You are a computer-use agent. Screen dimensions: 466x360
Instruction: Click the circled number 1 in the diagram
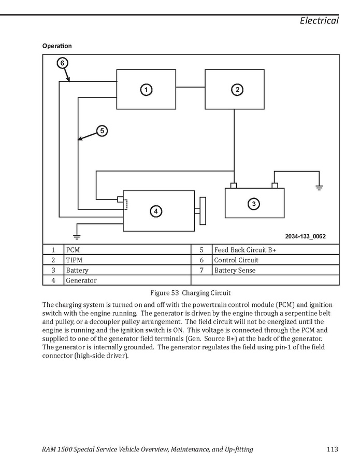[x=147, y=90]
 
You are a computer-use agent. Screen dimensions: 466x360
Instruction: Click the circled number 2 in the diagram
[x=237, y=90]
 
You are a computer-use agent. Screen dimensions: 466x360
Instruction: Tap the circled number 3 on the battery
[x=254, y=204]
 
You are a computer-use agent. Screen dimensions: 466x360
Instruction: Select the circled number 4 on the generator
[x=155, y=211]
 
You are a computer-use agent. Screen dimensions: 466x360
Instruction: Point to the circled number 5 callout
[x=102, y=131]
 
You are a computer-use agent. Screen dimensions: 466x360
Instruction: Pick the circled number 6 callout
[x=62, y=63]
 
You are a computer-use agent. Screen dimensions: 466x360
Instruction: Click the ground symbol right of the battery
[x=319, y=187]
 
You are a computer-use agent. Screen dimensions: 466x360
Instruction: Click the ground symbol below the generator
[x=77, y=236]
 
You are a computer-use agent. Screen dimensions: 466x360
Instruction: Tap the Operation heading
[x=57, y=46]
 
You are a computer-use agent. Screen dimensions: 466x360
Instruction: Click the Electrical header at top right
[x=319, y=21]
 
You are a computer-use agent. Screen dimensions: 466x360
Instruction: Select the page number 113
[x=332, y=449]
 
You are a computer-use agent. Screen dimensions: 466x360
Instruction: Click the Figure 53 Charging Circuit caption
[x=191, y=293]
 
